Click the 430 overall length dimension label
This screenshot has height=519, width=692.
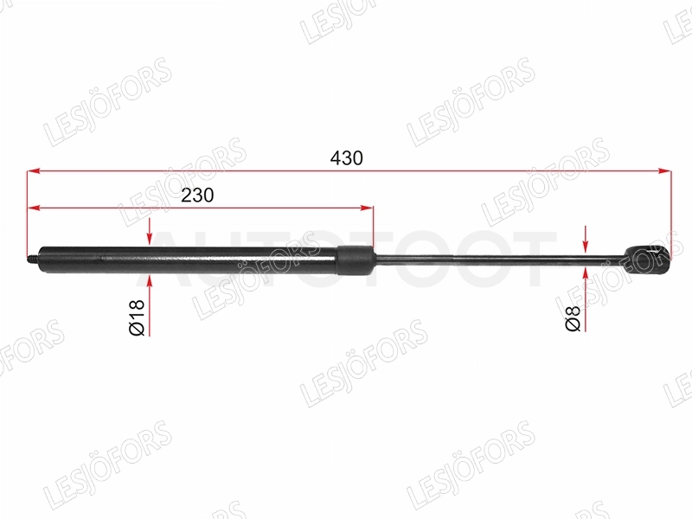point(347,158)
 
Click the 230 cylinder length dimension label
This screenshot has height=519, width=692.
point(198,195)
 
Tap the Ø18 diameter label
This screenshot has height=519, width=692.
point(137,317)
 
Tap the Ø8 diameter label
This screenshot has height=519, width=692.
point(573,318)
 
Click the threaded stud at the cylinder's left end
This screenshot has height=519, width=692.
point(33,258)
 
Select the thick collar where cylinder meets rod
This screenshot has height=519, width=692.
point(356,260)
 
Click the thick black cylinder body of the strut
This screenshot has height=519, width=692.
point(189,260)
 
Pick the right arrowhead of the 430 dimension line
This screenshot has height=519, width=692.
point(664,170)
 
